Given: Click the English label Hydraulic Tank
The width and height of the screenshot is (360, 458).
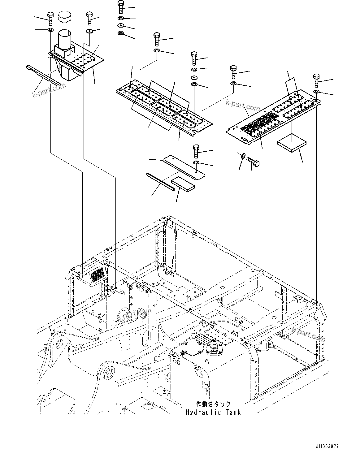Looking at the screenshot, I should click(213, 412).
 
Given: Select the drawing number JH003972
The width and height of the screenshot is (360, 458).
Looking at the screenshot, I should click(327, 446).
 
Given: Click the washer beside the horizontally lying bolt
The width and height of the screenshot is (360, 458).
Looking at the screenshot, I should click(243, 155).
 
